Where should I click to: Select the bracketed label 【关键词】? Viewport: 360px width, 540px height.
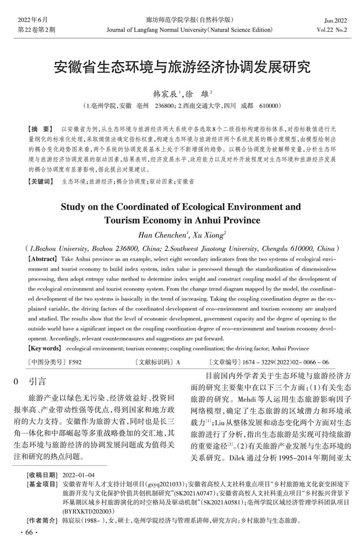42,182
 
